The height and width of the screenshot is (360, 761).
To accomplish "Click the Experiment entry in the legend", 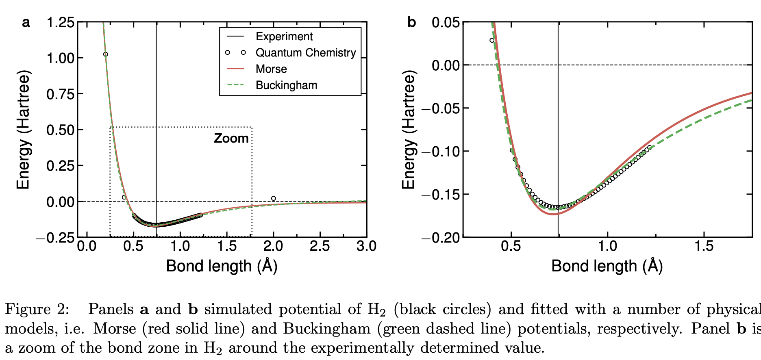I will (x=284, y=37).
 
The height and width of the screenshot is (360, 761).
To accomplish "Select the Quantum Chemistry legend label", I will (x=305, y=53).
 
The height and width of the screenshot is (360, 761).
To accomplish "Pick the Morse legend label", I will (x=271, y=69).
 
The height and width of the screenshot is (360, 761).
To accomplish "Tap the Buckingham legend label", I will (x=286, y=85).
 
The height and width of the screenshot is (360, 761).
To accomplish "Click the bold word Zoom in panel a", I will (x=231, y=139).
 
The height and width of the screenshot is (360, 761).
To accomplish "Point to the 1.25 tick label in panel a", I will (x=61, y=22).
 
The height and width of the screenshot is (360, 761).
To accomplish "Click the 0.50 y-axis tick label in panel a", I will (x=61, y=130).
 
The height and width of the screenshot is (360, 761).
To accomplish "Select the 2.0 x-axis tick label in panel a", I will (x=273, y=246).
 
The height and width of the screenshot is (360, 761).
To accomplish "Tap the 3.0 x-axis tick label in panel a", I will (x=366, y=246).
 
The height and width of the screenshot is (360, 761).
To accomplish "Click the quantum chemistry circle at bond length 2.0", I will (x=273, y=199).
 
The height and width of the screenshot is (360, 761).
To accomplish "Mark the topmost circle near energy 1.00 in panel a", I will (x=106, y=54).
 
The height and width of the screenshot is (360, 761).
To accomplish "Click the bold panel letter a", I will (x=26, y=22).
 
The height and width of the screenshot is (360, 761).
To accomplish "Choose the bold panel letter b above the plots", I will (x=411, y=22).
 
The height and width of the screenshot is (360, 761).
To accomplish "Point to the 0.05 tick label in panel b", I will (x=446, y=22).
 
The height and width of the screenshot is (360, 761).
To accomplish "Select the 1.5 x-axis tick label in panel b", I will (x=704, y=246).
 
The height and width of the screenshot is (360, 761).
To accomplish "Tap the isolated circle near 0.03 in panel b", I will (x=492, y=40).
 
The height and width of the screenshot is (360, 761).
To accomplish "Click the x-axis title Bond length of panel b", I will (x=607, y=266).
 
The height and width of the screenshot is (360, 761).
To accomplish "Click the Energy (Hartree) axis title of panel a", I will (x=23, y=130).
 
